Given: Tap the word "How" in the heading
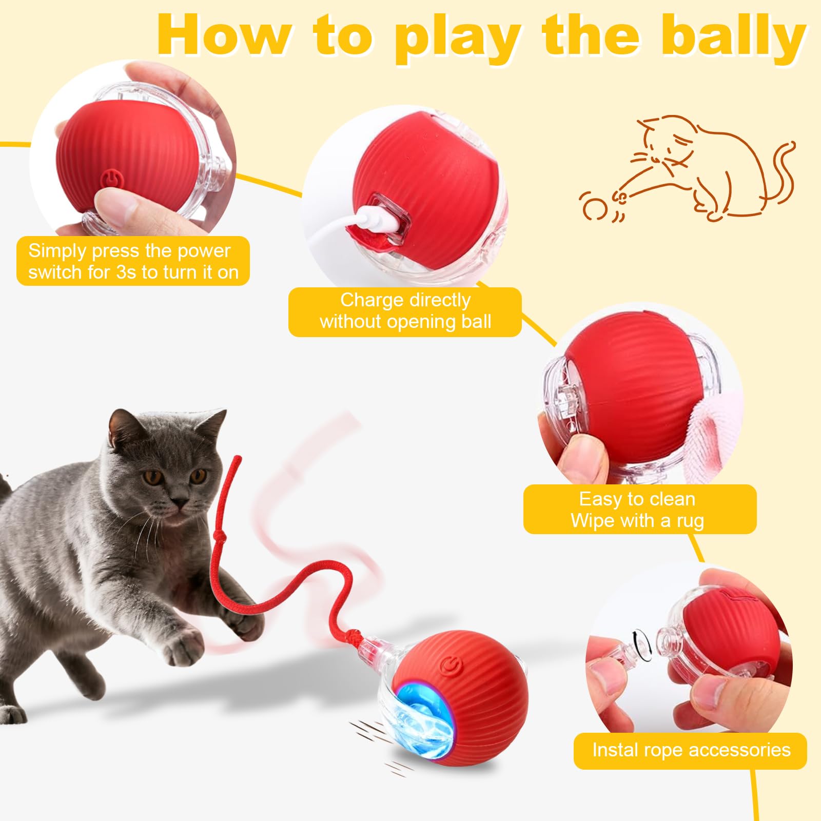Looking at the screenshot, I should (x=223, y=36).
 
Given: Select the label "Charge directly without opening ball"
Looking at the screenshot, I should (x=405, y=311).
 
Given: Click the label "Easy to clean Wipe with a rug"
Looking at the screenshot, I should (x=639, y=509).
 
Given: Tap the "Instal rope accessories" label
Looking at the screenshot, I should (x=690, y=750).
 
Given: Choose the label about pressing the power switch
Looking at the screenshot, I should (x=133, y=261).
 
